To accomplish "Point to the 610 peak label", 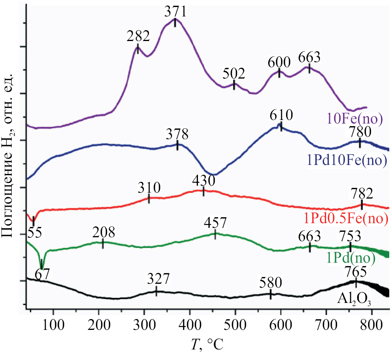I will (x=281, y=115).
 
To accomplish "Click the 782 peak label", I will (x=362, y=193).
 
